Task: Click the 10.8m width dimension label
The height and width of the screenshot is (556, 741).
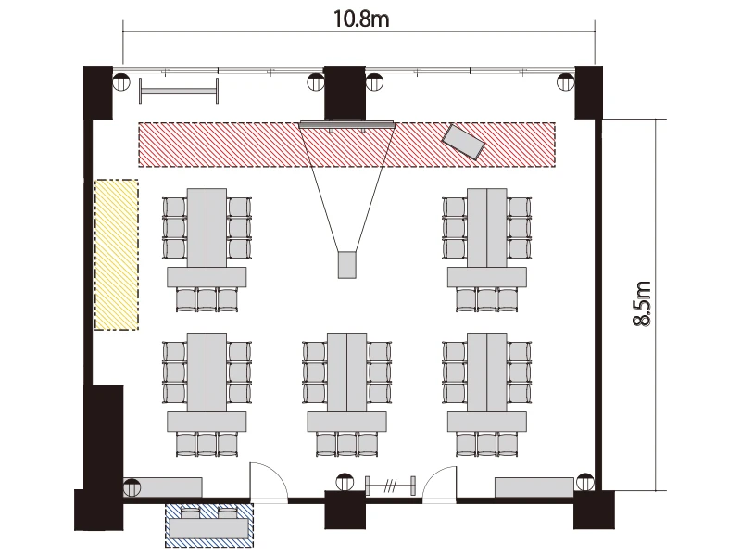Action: click(361, 19)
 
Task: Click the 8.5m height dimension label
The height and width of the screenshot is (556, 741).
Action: click(642, 304)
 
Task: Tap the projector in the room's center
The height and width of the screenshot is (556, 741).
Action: click(346, 265)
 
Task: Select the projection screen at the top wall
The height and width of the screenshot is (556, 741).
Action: click(346, 124)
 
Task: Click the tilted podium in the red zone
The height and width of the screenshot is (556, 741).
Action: click(464, 142)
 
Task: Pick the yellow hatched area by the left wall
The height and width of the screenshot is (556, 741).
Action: click(117, 254)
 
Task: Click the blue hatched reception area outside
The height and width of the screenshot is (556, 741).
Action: click(209, 525)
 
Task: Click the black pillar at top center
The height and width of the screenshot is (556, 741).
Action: click(345, 92)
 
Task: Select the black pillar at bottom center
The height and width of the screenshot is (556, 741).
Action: click(345, 510)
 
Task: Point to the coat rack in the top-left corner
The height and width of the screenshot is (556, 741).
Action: click(179, 90)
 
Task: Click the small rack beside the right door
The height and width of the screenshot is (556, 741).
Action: click(391, 486)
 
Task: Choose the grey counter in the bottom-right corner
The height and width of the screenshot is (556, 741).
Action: click(534, 487)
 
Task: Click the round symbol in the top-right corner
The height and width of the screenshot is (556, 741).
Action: click(566, 82)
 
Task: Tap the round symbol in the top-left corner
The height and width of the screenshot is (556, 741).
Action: click(121, 82)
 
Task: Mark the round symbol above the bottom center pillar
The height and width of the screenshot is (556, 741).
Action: click(345, 482)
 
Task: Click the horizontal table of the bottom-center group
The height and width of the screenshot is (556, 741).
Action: click(346, 422)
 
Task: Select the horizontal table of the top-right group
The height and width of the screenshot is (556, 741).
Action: click(487, 277)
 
